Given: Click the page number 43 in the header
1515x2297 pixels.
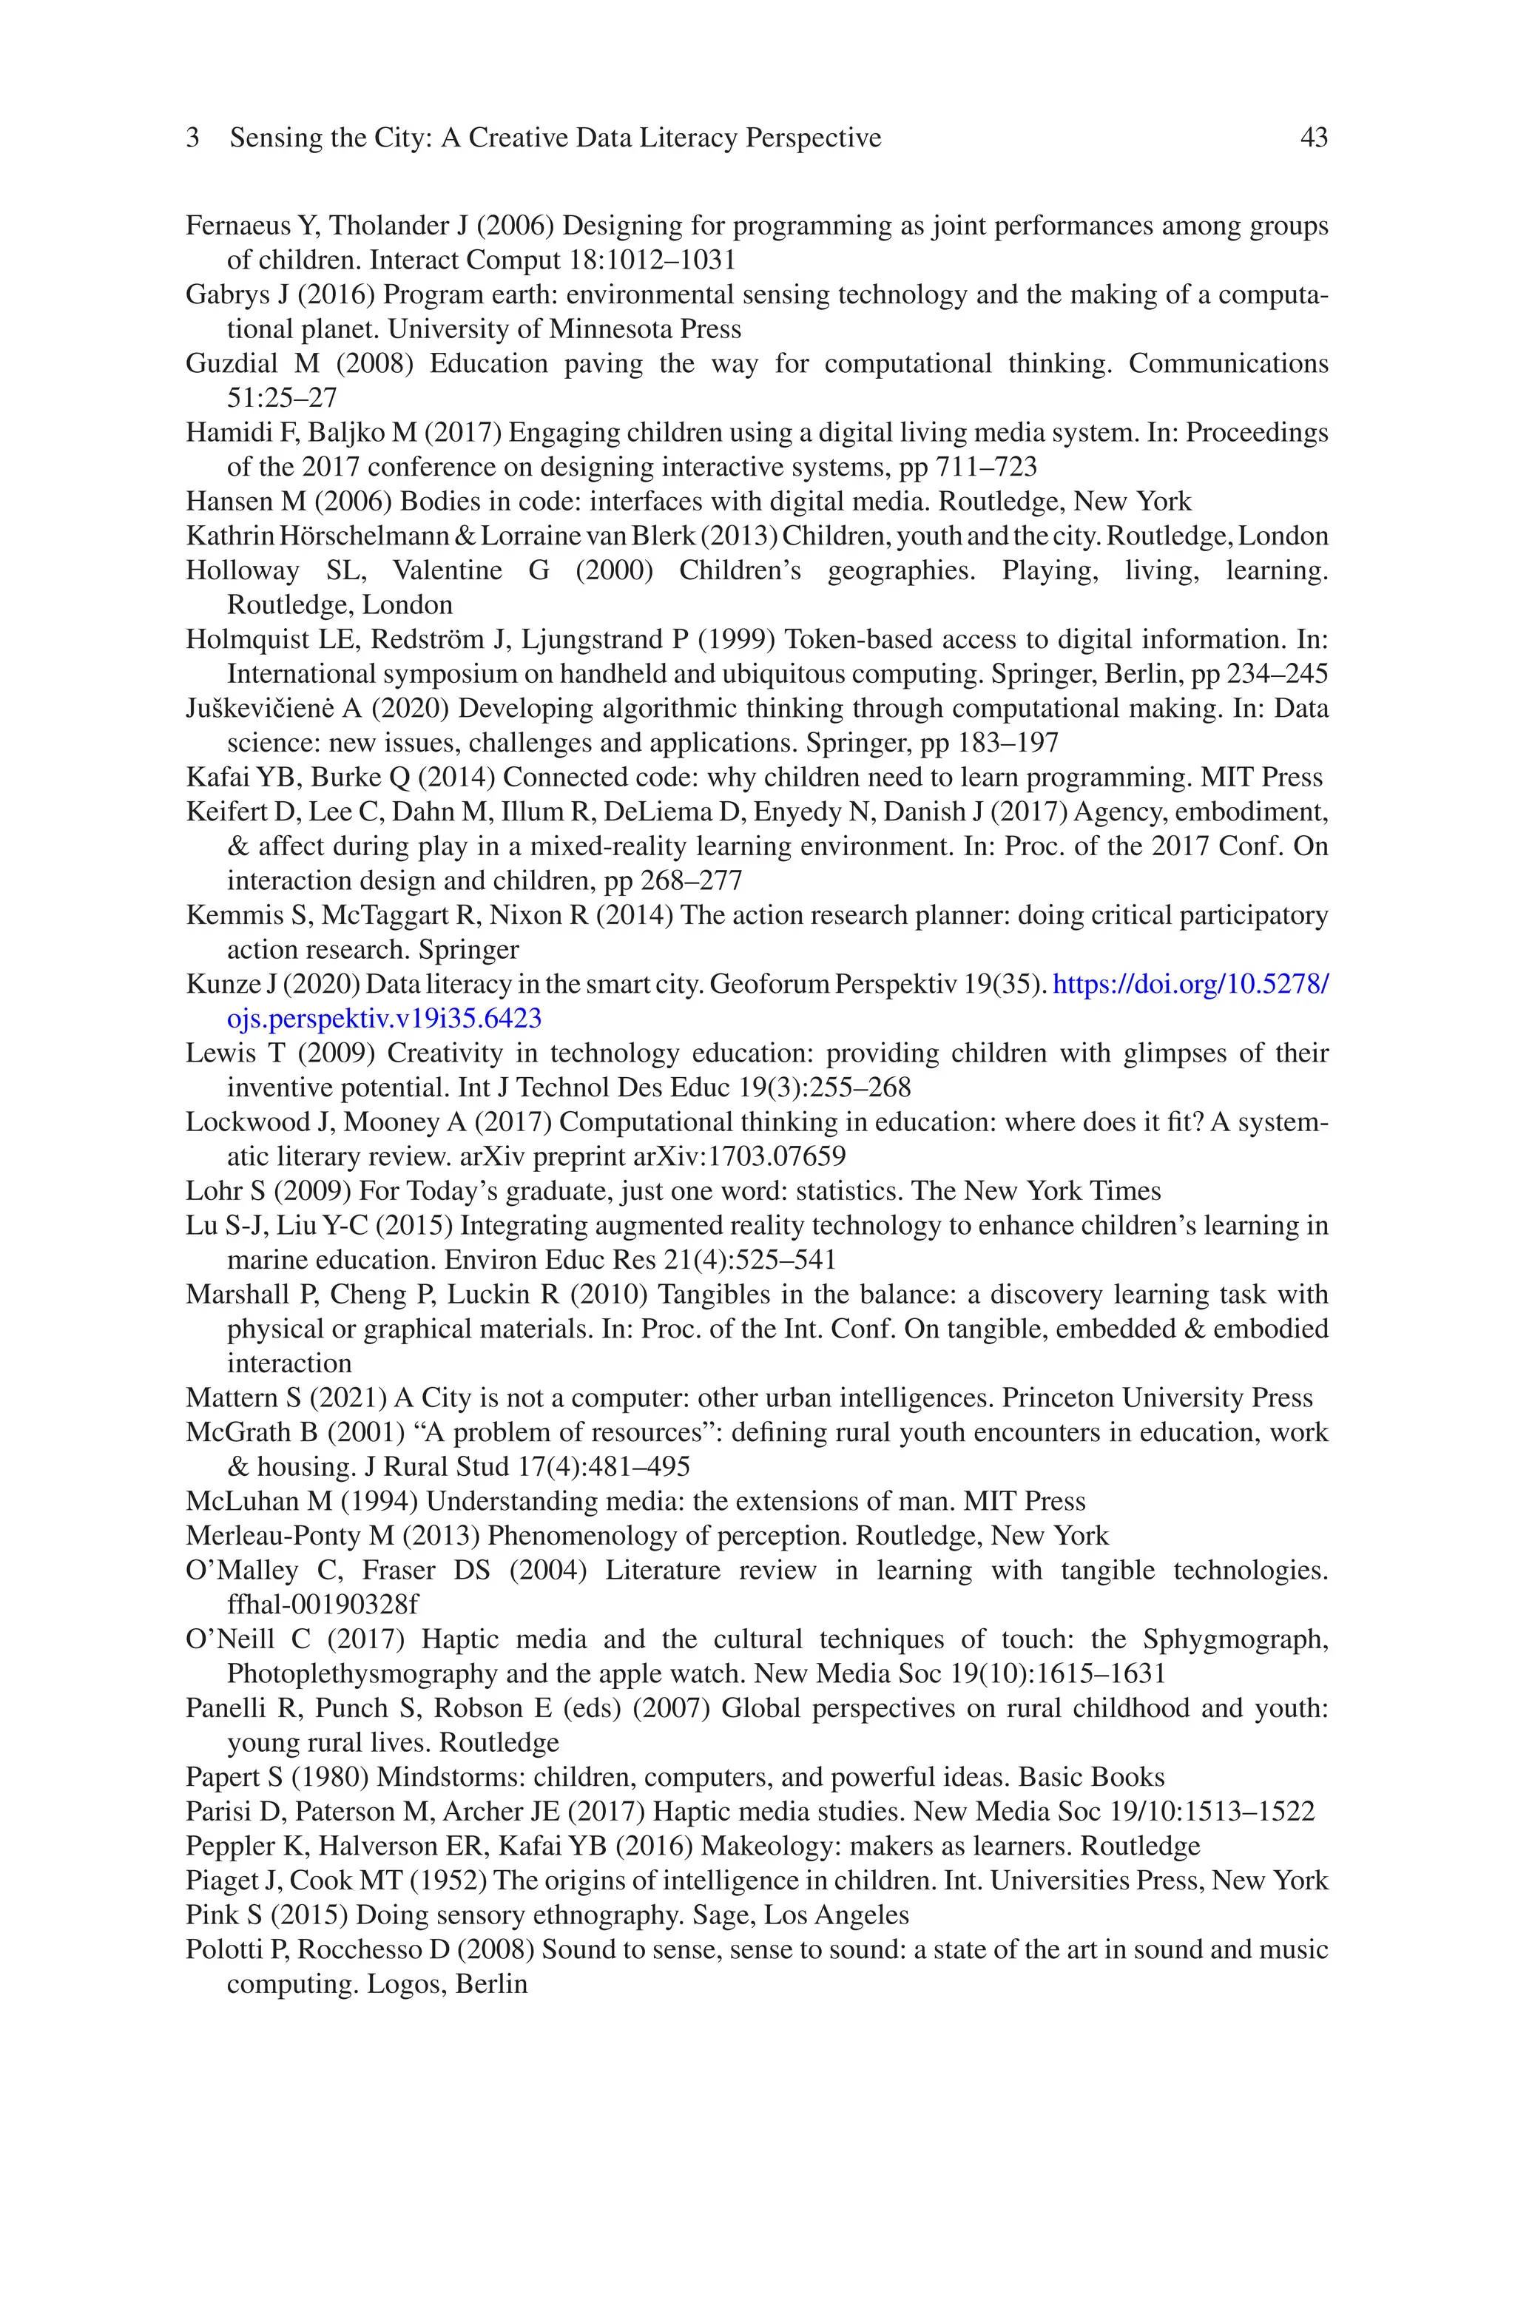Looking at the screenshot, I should pyautogui.click(x=1313, y=138).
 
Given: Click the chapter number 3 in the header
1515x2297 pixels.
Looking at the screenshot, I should pyautogui.click(x=192, y=138).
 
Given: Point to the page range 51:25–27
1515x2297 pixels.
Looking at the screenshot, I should pyautogui.click(x=281, y=398).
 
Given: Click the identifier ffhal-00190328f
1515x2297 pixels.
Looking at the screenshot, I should pyautogui.click(x=323, y=1605).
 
